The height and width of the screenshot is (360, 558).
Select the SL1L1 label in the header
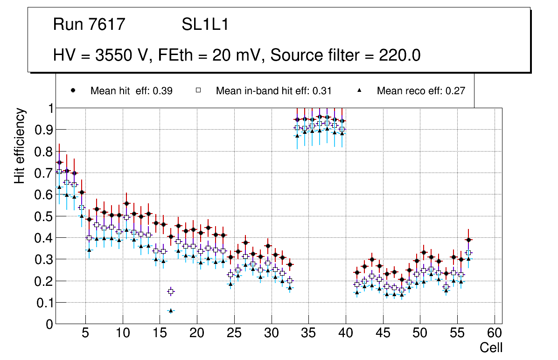[205, 25]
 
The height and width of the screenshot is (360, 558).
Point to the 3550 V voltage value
[122, 55]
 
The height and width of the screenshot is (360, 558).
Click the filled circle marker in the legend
[73, 90]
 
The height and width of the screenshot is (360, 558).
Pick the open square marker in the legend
[198, 90]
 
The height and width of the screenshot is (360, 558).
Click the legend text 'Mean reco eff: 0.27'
[421, 91]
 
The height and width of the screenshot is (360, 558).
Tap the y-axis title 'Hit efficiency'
[20, 145]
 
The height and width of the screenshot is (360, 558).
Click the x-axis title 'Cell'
[491, 347]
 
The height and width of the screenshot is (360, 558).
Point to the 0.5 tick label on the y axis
[44, 216]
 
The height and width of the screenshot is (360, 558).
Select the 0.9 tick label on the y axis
[44, 130]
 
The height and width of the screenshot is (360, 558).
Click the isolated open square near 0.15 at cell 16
[171, 291]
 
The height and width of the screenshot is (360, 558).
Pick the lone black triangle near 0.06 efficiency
[171, 311]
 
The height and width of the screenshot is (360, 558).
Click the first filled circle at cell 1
[59, 162]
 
